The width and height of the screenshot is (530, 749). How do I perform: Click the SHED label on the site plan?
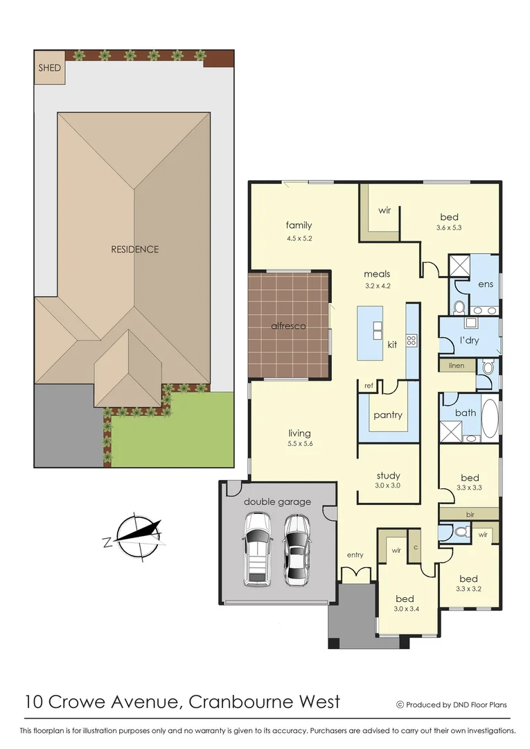[50, 68]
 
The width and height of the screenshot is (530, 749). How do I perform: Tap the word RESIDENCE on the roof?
[134, 249]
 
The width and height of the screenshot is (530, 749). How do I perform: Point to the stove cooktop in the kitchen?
[411, 340]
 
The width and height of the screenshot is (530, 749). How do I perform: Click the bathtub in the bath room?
[489, 419]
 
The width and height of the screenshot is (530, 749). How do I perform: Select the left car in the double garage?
[257, 549]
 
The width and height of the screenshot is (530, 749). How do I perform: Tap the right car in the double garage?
[297, 549]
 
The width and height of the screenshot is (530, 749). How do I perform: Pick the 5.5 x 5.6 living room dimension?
[300, 444]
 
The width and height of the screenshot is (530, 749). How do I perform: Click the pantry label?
[388, 415]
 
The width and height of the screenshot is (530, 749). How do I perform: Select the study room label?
[388, 476]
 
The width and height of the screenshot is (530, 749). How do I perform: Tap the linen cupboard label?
[457, 365]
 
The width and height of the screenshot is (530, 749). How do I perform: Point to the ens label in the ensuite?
[486, 284]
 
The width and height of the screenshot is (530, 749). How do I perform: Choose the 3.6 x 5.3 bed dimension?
[448, 228]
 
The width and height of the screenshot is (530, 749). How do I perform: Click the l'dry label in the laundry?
[470, 341]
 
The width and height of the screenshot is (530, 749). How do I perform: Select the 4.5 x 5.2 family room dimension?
[299, 238]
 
